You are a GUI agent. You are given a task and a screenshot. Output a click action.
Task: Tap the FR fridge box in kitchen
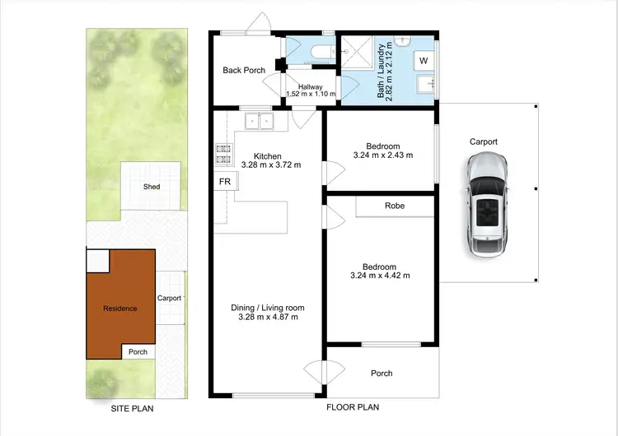[224, 181]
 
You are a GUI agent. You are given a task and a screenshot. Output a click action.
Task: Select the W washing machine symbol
[424, 61]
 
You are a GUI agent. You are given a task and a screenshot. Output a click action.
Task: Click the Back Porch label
[244, 71]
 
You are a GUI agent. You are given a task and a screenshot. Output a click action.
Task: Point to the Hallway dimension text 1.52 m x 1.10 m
[311, 94]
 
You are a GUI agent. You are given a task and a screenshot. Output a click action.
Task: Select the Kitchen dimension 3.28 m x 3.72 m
[267, 165]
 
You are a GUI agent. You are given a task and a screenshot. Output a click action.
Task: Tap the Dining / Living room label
[267, 307]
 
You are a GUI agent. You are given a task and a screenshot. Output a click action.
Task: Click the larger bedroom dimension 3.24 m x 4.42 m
[381, 276]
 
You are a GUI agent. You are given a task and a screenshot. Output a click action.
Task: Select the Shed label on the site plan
[152, 187]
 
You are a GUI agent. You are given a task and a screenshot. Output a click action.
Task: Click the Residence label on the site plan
[119, 308]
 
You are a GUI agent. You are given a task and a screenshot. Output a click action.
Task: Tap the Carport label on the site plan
[169, 299]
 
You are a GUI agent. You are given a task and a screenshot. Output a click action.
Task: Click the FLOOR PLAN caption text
[353, 407]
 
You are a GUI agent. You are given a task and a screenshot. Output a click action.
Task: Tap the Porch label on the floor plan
[382, 373]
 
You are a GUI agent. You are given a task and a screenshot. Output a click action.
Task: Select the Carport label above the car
[484, 141]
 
